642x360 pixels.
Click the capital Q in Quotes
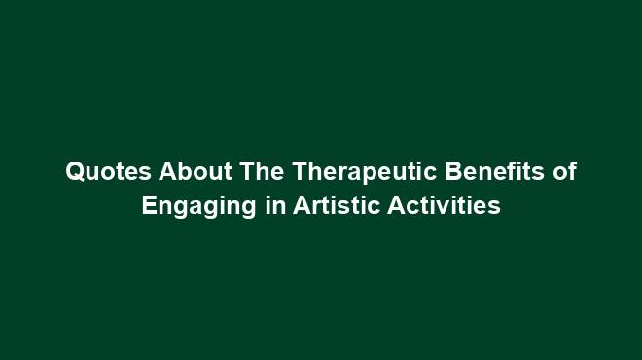point(75,173)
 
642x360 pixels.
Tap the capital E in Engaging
point(149,207)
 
